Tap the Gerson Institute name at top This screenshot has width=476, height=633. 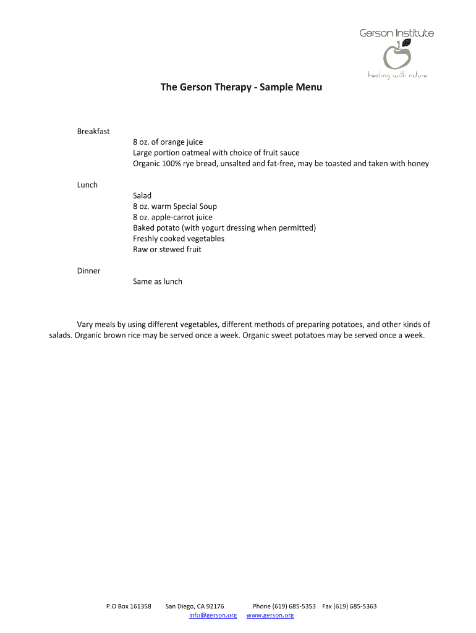coord(397,33)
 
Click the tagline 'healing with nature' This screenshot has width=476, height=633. coord(397,75)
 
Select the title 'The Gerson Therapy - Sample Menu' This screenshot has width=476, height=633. coord(241,88)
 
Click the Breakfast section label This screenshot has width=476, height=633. coord(93,131)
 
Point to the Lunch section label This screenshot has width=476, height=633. coord(87,185)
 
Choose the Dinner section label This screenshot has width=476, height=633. coord(88,271)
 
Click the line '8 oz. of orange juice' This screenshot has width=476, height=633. coord(168,142)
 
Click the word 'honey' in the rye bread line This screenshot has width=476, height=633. coord(417,164)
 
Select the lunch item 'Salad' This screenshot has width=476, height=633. coord(142,196)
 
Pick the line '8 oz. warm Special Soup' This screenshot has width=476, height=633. coord(175,206)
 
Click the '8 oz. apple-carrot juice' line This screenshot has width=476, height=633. coord(172,218)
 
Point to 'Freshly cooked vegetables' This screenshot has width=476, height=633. coord(179,239)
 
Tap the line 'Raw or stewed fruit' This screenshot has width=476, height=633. coord(167,250)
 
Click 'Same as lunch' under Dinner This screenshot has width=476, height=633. coord(158,282)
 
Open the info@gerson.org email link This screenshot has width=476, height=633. coord(213,615)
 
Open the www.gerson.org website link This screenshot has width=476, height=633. coord(270,615)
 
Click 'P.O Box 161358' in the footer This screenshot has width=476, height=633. coord(129,606)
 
